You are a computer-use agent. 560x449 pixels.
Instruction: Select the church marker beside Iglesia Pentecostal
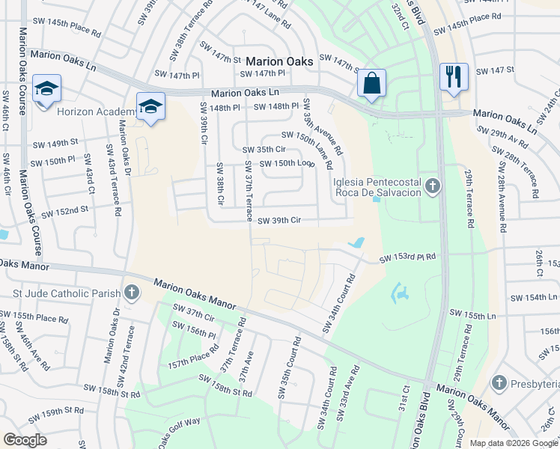(431, 185)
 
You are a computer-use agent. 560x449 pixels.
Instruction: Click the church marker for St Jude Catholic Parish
(132, 291)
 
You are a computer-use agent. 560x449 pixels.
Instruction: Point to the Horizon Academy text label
(97, 112)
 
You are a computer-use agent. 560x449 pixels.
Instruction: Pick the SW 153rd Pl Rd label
(407, 258)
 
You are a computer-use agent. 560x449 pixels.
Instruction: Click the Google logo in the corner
(25, 440)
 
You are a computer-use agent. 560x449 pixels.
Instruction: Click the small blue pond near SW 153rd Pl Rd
(357, 243)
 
